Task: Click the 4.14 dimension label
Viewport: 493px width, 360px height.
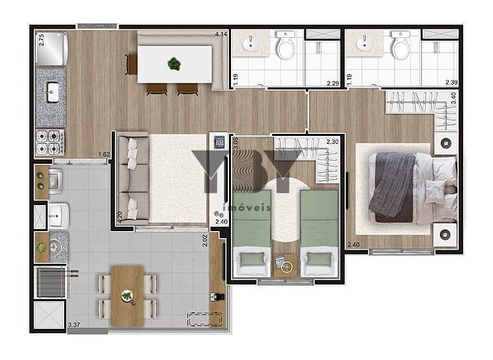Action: tap(221, 34)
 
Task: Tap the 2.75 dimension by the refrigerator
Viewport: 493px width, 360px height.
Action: tap(41, 40)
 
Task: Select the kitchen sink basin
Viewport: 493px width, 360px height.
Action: tap(52, 92)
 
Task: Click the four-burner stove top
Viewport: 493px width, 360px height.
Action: tap(50, 143)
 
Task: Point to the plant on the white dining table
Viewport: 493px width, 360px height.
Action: tap(174, 64)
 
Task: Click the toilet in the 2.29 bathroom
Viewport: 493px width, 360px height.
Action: tap(286, 44)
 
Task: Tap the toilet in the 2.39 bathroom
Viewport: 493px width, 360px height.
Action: tap(400, 44)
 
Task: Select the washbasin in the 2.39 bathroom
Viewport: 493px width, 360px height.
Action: tap(365, 43)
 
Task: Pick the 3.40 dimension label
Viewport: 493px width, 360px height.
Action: tap(453, 98)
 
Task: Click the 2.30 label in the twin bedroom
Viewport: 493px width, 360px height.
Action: tap(332, 142)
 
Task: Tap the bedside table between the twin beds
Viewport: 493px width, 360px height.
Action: tap(286, 265)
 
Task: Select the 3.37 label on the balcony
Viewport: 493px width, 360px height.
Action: tap(74, 324)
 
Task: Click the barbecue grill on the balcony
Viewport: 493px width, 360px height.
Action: tap(51, 282)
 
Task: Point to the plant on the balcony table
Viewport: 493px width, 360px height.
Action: tap(128, 296)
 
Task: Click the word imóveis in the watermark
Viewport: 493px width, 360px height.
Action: tap(246, 208)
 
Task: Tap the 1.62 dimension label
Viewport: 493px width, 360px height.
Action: tap(104, 154)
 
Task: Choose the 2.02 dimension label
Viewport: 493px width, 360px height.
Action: tap(205, 241)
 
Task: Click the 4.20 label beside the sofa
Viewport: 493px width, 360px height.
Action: tap(120, 217)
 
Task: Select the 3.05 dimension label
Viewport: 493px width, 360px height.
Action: tap(236, 143)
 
